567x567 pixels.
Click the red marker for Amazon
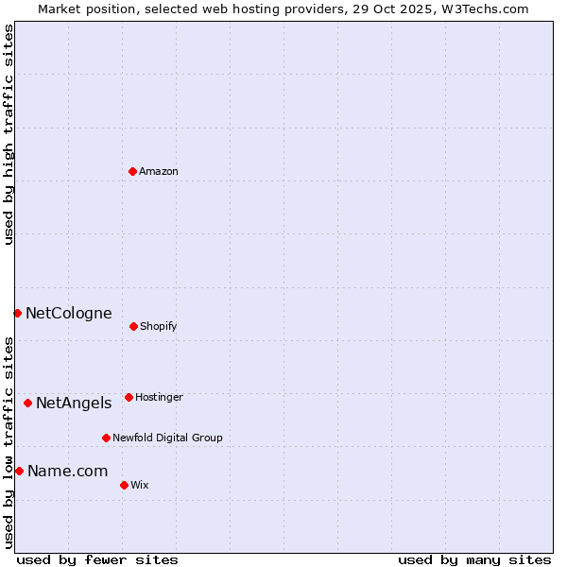[132, 171]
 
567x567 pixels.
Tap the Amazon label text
[159, 171]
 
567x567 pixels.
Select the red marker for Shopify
[133, 326]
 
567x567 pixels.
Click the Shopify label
[159, 326]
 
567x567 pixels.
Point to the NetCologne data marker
[17, 313]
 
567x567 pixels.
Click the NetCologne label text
[69, 313]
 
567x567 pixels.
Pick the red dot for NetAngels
[27, 403]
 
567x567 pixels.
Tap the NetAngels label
[74, 403]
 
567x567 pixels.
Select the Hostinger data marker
[129, 397]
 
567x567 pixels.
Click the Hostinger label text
[159, 397]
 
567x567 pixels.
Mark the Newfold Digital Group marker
[106, 438]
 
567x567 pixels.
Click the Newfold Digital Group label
[167, 438]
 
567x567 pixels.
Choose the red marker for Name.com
[19, 471]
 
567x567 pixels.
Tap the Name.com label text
[67, 471]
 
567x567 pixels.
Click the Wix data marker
[124, 485]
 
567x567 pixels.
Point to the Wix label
[140, 485]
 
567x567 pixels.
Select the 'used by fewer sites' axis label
[97, 559]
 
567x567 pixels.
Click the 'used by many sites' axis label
[474, 559]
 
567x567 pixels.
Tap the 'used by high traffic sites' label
[9, 134]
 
